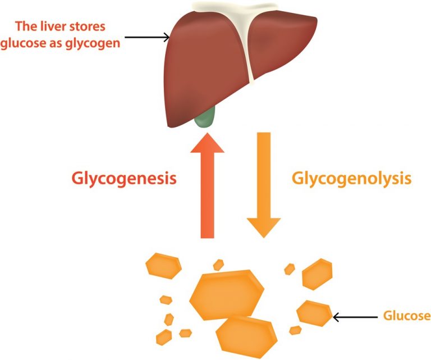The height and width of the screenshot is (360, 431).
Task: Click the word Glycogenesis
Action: click(124, 179)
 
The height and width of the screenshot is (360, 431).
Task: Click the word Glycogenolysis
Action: click(352, 179)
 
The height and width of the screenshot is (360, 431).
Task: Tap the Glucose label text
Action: click(407, 316)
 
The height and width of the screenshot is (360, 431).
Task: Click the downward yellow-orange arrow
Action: click(264, 185)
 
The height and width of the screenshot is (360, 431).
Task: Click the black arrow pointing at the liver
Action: click(147, 38)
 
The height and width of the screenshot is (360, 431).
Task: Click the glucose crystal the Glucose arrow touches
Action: click(315, 313)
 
